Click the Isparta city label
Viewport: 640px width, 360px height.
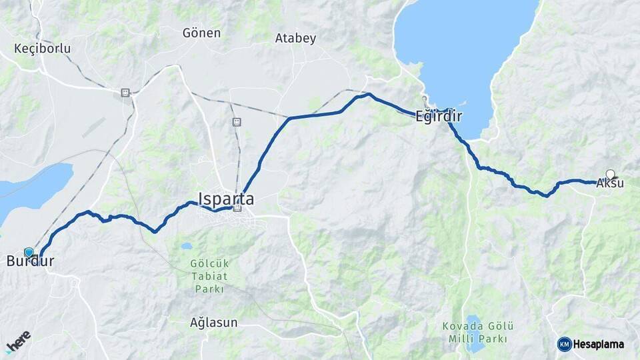click(x=225, y=198)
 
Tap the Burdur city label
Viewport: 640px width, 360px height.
click(x=29, y=261)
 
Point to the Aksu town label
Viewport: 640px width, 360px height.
click(x=610, y=183)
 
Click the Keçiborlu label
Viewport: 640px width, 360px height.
click(x=42, y=49)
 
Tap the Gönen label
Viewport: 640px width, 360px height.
click(x=201, y=33)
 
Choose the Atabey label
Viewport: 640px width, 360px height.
click(x=295, y=39)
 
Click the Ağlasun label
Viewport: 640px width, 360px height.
click(x=213, y=322)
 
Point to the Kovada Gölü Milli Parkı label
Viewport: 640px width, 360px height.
click(x=478, y=332)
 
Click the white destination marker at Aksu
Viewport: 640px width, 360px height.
click(x=610, y=174)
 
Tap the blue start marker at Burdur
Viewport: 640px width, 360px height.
click(x=29, y=252)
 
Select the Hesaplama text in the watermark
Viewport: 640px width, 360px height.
click(x=599, y=345)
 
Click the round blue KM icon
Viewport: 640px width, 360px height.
click(x=564, y=344)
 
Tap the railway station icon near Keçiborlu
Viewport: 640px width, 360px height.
click(x=125, y=93)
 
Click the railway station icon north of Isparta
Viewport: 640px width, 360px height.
click(x=236, y=122)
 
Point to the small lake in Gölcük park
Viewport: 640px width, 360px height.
click(x=187, y=245)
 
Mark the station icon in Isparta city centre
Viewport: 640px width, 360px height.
click(x=237, y=208)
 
